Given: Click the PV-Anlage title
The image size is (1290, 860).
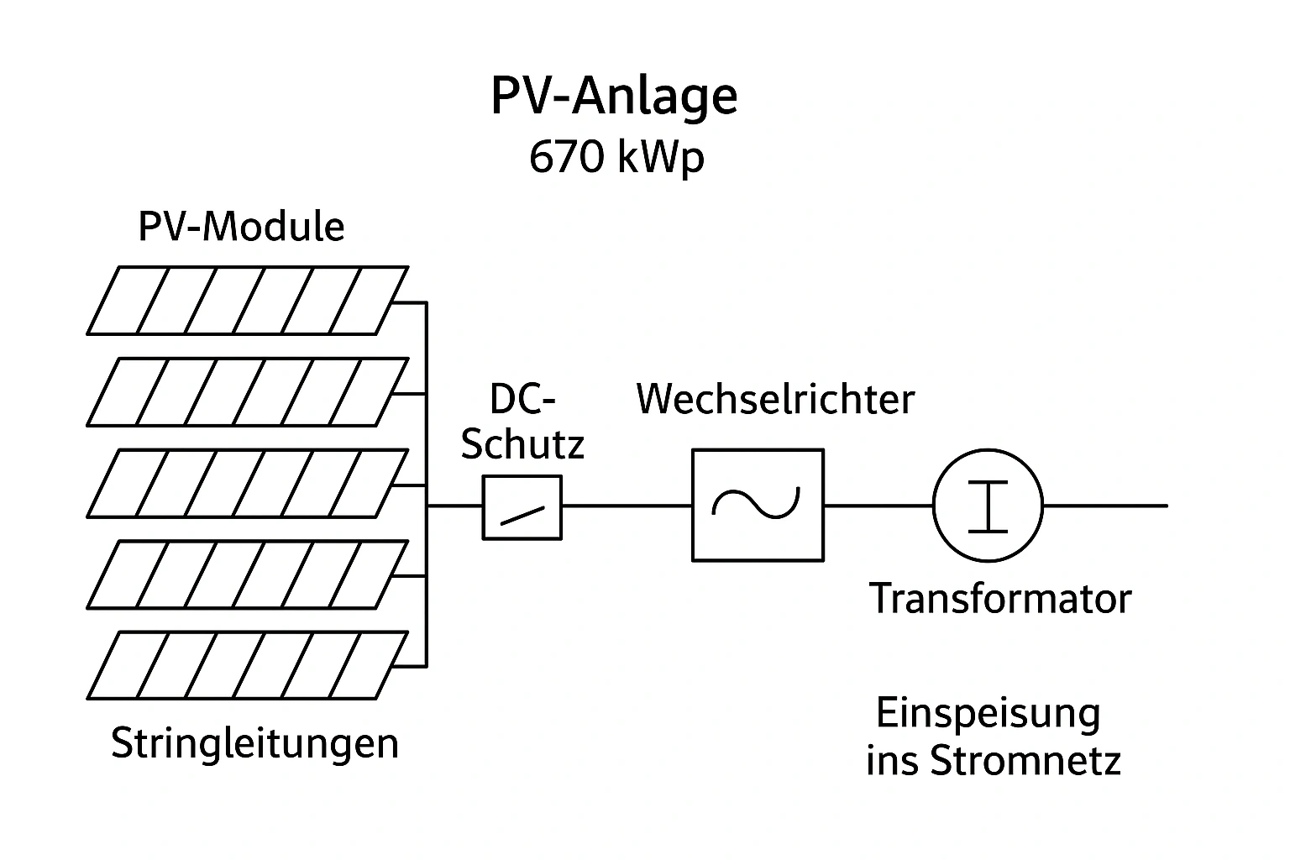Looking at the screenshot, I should [614, 97].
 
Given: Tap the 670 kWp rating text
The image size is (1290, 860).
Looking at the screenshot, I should [616, 157].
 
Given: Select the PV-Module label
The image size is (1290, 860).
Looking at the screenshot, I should [241, 227].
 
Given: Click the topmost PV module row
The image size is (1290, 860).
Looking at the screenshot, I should [247, 300].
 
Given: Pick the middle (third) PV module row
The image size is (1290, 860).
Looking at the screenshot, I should [247, 483].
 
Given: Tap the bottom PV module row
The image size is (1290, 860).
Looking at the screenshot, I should [247, 665].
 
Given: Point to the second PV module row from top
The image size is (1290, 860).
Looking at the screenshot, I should [247, 391].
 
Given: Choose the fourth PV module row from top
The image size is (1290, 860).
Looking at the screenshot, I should [247, 574].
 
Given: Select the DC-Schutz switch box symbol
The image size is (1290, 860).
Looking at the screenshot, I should [522, 507].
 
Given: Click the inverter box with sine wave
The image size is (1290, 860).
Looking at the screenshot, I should [758, 505].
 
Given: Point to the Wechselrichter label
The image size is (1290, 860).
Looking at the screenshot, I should [775, 399].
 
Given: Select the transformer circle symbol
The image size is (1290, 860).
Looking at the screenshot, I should [988, 506].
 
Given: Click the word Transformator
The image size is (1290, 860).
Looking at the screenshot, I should [1000, 599].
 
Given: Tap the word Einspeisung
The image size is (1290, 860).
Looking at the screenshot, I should [988, 714].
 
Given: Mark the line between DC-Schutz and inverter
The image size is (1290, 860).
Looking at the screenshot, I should [627, 506].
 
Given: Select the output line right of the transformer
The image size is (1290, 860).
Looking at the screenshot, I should [1104, 506].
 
